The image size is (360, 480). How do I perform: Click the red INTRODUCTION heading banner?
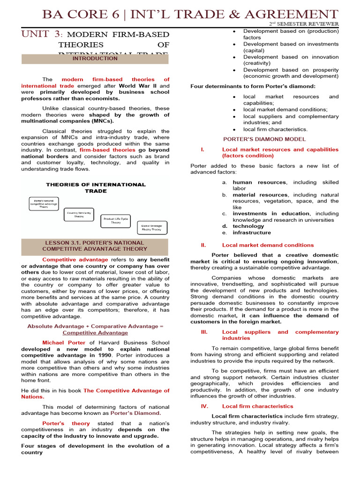[x=95, y=59]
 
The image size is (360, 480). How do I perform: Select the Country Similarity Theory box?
[x=79, y=214]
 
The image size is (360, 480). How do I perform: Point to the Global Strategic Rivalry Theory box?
[x=151, y=227]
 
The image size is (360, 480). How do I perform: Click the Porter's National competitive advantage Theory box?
[x=44, y=203]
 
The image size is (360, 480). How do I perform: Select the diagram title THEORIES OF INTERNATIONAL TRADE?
[x=95, y=187]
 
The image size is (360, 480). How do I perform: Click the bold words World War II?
[x=138, y=86]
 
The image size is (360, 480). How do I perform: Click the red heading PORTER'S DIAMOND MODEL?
[x=264, y=139]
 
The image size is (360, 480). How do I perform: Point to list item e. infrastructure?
[x=251, y=232]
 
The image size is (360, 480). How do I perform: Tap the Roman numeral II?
[x=203, y=245]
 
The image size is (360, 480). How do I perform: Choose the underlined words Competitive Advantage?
[x=95, y=332]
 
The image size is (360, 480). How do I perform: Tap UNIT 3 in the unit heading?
[x=41, y=34]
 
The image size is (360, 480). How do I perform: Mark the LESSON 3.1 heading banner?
[x=95, y=246]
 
